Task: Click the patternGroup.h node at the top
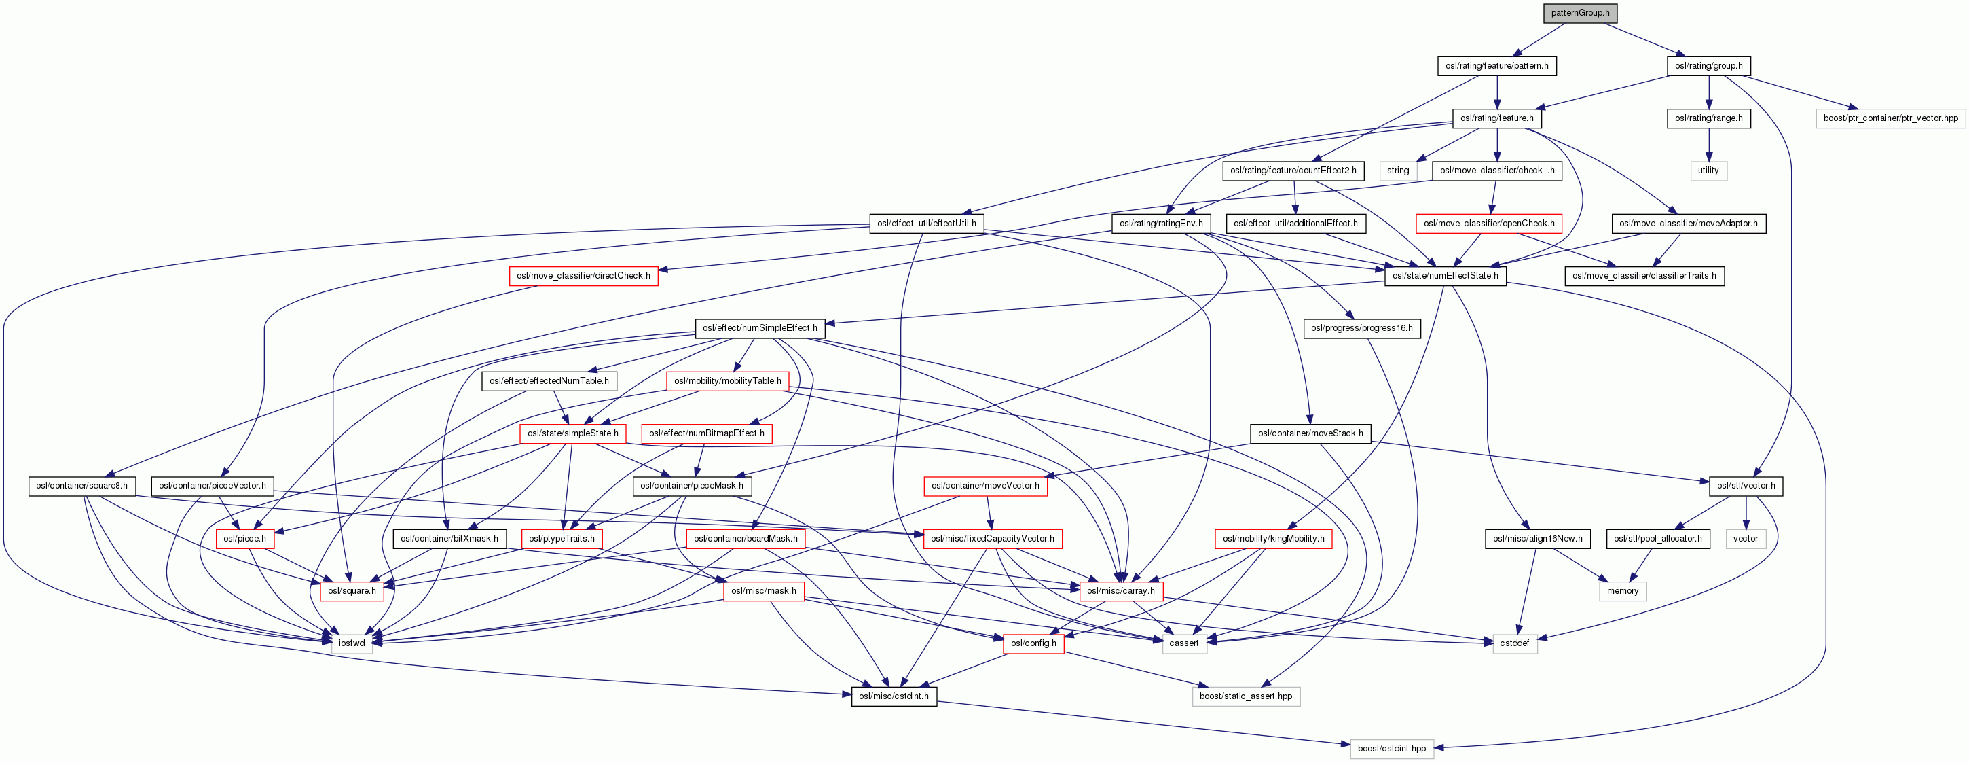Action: [x=1580, y=13]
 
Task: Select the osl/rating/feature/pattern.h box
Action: [x=1496, y=66]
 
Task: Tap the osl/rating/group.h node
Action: [x=1708, y=66]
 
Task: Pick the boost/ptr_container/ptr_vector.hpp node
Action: [x=1890, y=118]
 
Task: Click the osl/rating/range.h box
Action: [x=1708, y=118]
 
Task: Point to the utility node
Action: [x=1708, y=171]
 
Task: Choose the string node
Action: [x=1397, y=171]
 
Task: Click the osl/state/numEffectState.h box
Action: [x=1445, y=275]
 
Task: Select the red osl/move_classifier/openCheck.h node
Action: [x=1489, y=224]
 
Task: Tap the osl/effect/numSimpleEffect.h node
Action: [x=760, y=328]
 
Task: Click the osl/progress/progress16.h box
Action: [x=1361, y=328]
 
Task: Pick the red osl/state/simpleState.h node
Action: [x=572, y=433]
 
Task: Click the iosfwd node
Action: [x=352, y=643]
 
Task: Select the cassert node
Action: [x=1183, y=643]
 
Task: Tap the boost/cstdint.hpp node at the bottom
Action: [x=1391, y=749]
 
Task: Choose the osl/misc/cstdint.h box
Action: [x=894, y=696]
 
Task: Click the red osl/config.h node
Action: [x=1033, y=643]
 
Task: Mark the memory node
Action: [x=1622, y=591]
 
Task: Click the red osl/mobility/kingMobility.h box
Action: [x=1274, y=539]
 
